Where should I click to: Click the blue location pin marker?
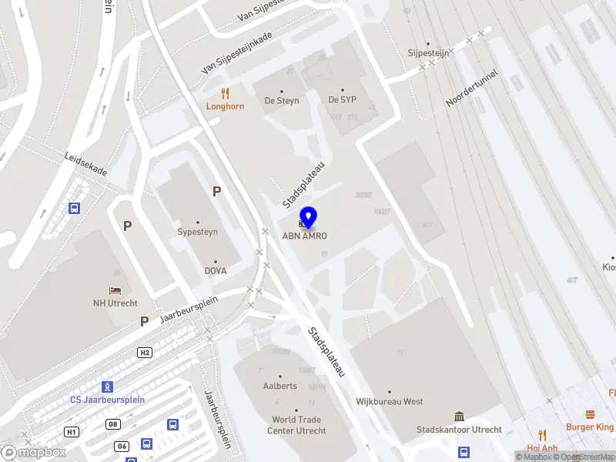[x=309, y=217]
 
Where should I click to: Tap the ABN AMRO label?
[x=310, y=236]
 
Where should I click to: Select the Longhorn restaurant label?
[x=225, y=107]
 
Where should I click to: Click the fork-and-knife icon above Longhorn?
[x=225, y=93]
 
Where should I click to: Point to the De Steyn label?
[x=282, y=101]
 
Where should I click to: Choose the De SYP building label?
[x=343, y=101]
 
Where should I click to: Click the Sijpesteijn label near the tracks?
[x=429, y=53]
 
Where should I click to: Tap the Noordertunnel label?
[x=471, y=90]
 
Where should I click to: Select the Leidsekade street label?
[x=86, y=162]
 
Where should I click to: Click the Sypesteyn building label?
[x=198, y=231]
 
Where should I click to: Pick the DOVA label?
[x=215, y=271]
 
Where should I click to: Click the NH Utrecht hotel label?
[x=115, y=303]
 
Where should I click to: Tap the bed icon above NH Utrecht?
[x=115, y=290]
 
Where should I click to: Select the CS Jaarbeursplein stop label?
[x=107, y=400]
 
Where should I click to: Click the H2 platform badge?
[x=145, y=352]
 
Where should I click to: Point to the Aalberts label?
[x=281, y=387]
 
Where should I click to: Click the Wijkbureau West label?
[x=389, y=401]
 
